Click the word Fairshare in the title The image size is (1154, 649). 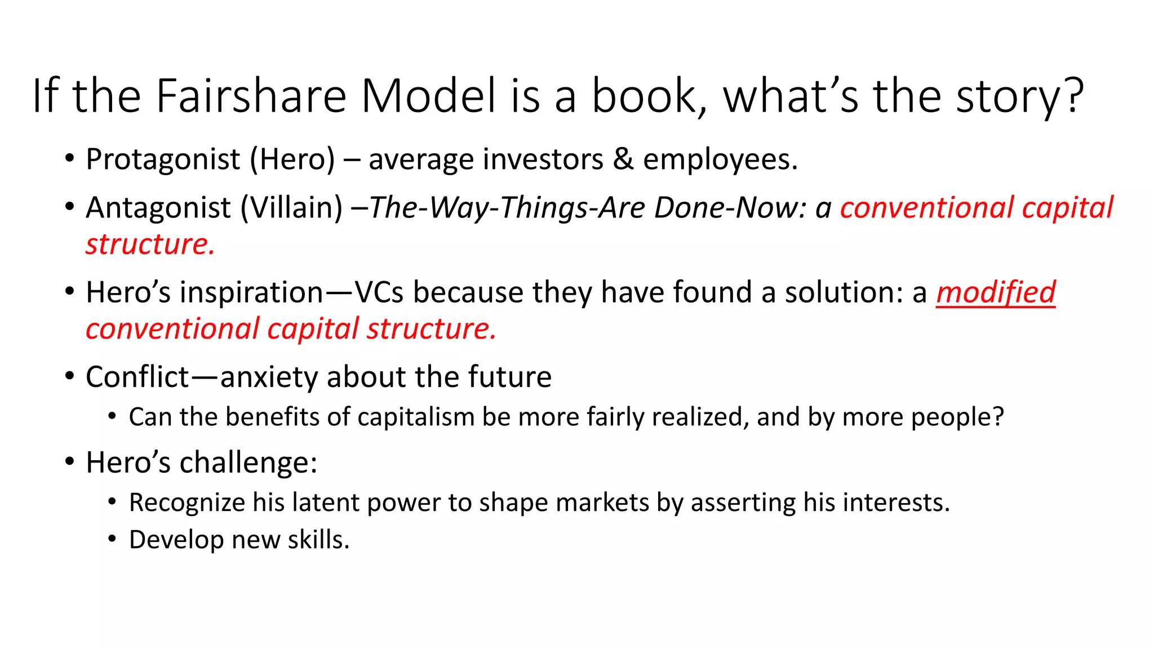251,96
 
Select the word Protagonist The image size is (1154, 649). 163,159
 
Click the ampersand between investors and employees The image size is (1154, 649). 623,159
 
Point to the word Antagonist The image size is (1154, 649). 158,208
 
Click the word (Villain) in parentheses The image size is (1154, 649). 291,208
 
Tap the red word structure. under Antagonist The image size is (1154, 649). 150,245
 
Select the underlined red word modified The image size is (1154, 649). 996,292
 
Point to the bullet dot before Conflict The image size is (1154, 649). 69,376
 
